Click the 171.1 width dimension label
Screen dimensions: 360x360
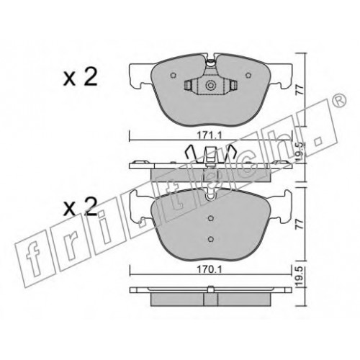click(209, 136)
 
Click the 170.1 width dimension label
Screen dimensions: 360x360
click(209, 270)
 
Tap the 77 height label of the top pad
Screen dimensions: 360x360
click(300, 89)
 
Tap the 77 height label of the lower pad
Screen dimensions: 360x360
click(300, 224)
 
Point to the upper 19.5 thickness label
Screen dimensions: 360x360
click(300, 152)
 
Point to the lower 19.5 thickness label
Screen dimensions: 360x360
click(300, 277)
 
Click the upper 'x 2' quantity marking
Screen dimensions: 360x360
click(80, 77)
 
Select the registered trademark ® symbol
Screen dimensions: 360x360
click(339, 100)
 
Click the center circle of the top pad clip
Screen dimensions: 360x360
click(210, 85)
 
